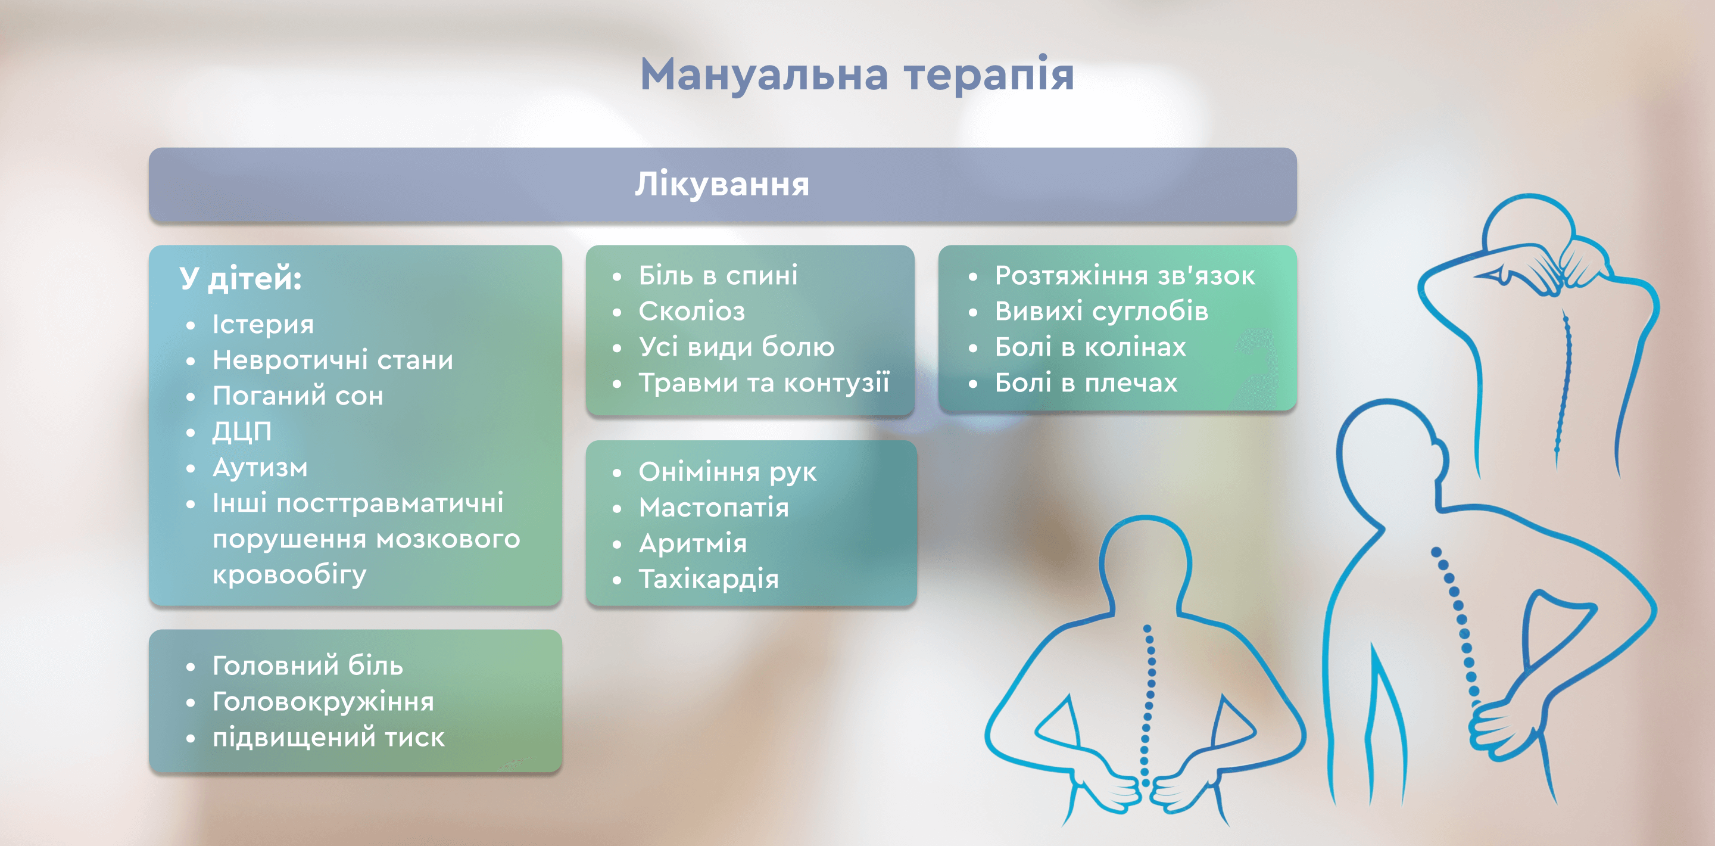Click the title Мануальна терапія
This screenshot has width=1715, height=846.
pos(857,74)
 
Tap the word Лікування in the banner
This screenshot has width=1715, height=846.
pos(722,184)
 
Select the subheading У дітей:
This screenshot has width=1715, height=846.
pos(241,278)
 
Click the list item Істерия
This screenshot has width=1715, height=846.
pos(263,325)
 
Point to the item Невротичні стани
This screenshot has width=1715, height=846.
pos(333,360)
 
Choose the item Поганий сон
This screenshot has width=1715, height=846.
pos(298,396)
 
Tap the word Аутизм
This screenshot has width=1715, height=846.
pos(260,468)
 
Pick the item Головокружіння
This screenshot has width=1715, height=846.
pos(323,702)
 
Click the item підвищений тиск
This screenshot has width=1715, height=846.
pos(328,738)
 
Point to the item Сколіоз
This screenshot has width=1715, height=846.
pos(692,311)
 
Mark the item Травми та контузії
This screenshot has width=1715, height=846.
pos(764,383)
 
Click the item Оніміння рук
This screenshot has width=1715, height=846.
pos(728,472)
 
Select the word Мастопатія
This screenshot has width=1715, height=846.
pos(714,508)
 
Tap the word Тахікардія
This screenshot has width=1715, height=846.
pos(709,580)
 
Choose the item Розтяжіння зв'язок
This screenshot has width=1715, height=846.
pos(1125,276)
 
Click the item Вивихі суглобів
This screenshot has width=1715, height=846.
pos(1101,311)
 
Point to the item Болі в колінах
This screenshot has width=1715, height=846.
pos(1090,347)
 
